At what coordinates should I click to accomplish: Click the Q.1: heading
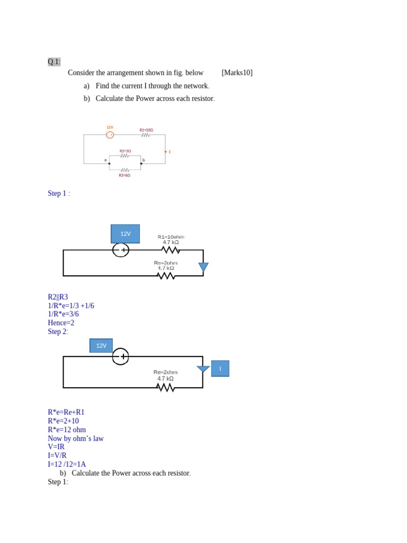[x=54, y=62]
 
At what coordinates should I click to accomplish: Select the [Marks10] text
[x=237, y=73]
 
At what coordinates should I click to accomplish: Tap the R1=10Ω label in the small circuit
[x=146, y=130]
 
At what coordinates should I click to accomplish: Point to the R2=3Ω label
[x=125, y=151]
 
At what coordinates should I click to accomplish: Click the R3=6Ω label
[x=125, y=175]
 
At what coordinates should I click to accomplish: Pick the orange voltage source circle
[x=110, y=135]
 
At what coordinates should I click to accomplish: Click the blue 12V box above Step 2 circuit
[x=101, y=346]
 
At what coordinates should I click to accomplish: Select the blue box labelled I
[x=220, y=369]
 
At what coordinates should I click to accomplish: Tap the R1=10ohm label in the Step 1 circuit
[x=171, y=237]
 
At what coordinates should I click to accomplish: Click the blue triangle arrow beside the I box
[x=203, y=369]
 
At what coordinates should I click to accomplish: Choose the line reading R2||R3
[x=58, y=297]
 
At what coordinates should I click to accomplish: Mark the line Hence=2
[x=61, y=323]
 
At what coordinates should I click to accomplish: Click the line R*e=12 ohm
[x=67, y=430]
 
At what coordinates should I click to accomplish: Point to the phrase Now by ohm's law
[x=76, y=439]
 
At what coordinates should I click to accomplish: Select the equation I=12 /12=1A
[x=67, y=464]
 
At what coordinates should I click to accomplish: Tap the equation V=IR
[x=56, y=446]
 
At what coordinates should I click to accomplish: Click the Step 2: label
[x=58, y=331]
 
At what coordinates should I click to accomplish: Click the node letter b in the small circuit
[x=144, y=160]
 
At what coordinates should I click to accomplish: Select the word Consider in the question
[x=83, y=73]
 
